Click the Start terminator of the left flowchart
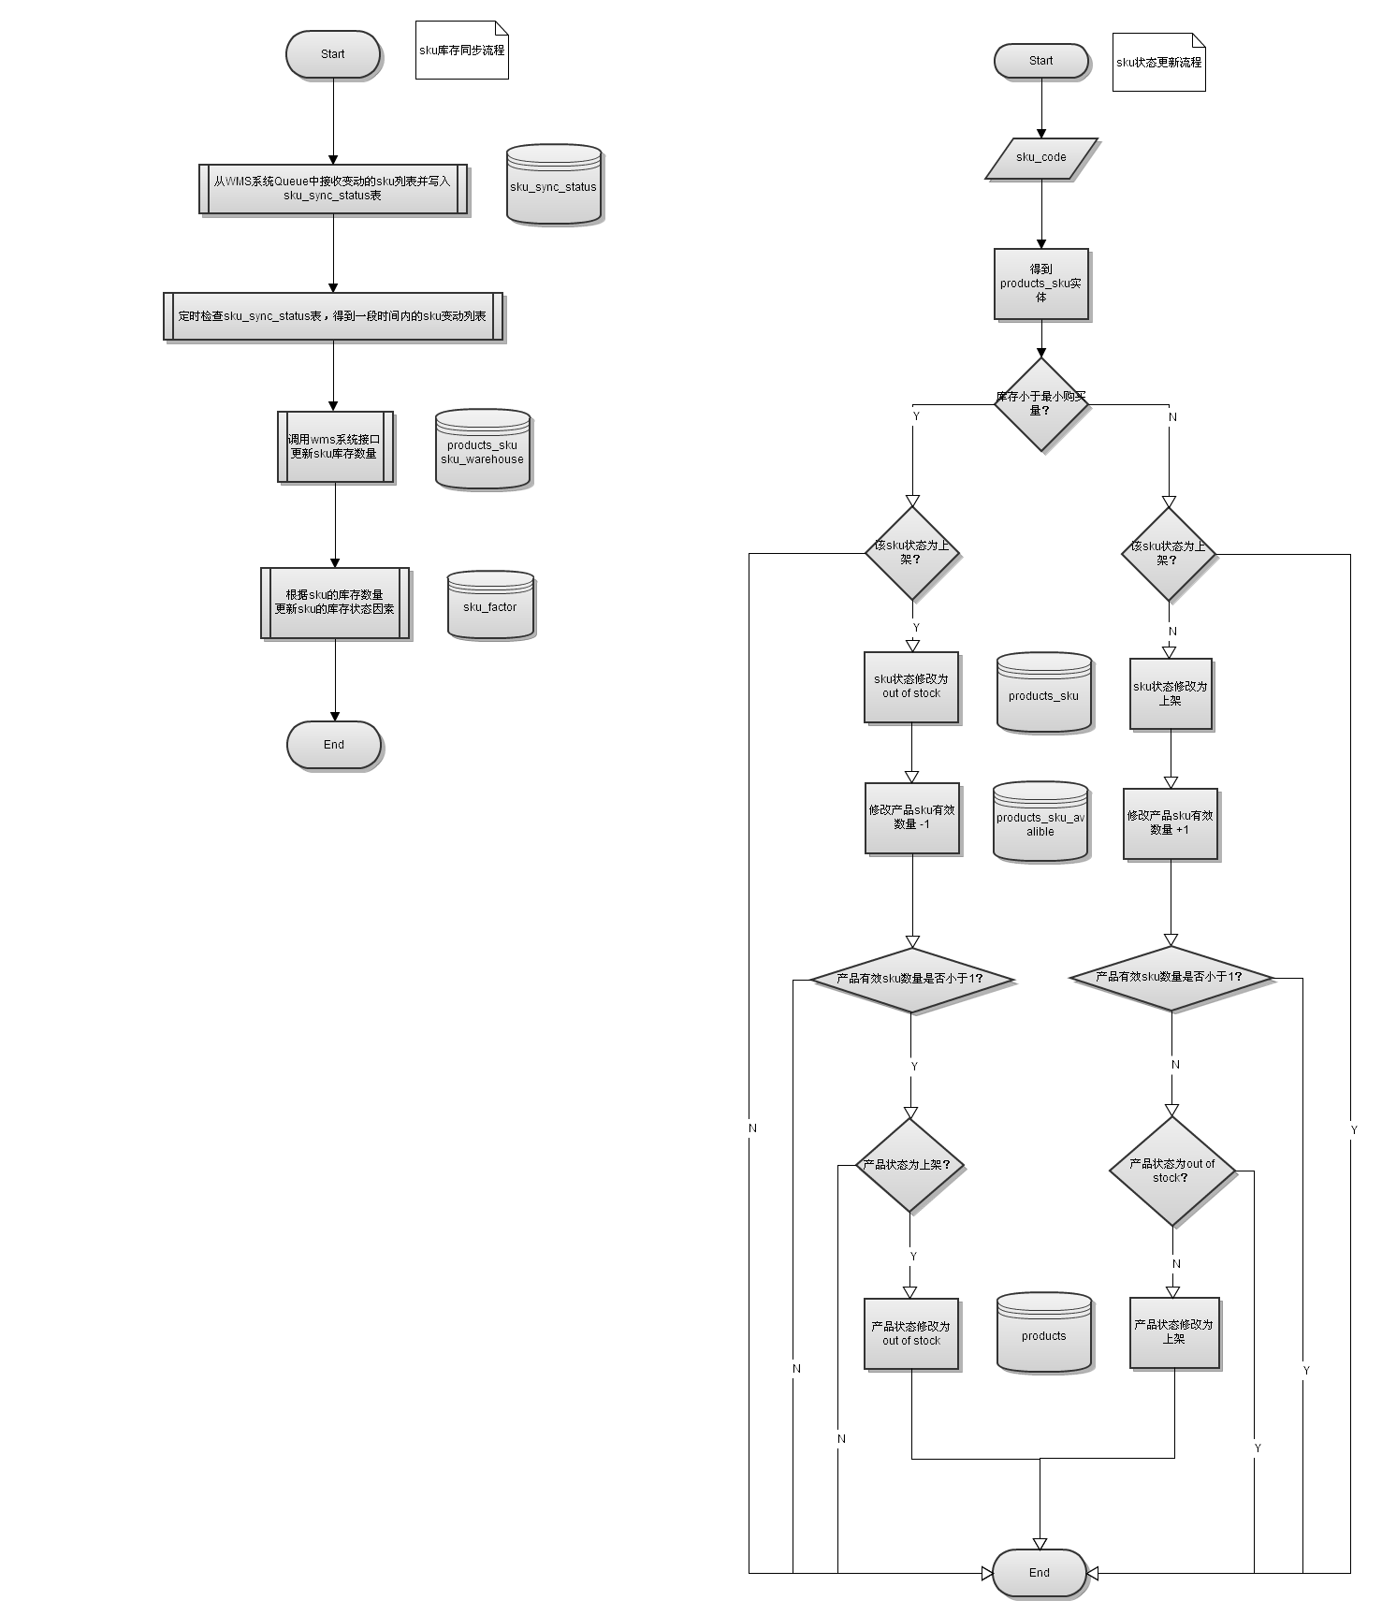(x=332, y=54)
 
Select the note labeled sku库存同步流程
(x=461, y=51)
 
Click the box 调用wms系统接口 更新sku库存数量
(x=334, y=446)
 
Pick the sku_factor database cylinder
(x=490, y=605)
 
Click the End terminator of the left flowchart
(x=333, y=745)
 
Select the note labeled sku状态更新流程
(x=1158, y=63)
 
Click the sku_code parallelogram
(x=1040, y=158)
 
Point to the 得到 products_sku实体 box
(x=1040, y=284)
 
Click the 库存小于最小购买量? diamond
(x=1040, y=404)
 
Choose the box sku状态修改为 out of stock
(x=910, y=687)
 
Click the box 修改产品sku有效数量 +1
(x=1170, y=823)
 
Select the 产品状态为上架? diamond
(x=909, y=1166)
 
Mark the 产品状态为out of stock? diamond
(x=1171, y=1171)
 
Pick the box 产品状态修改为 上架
(x=1173, y=1332)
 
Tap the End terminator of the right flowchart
(x=1039, y=1573)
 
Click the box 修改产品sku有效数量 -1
(x=911, y=818)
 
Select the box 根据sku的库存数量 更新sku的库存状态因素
(x=334, y=603)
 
